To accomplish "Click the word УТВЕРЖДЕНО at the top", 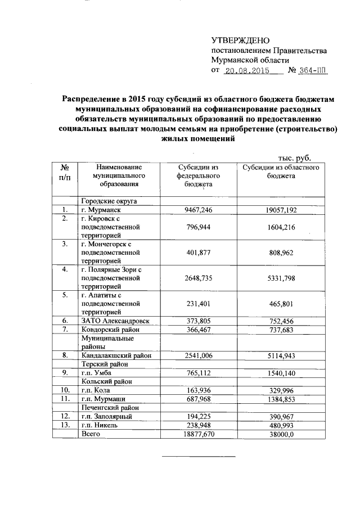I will (240, 40).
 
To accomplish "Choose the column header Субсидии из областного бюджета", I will (282, 172).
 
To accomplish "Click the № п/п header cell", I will (65, 172).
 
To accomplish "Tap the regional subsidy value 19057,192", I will (282, 210).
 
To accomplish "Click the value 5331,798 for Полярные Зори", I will (282, 278).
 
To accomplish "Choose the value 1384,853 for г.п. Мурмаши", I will (282, 398).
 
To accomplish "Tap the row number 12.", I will (65, 416).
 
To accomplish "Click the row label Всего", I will (91, 434).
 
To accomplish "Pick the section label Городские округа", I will (110, 201).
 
